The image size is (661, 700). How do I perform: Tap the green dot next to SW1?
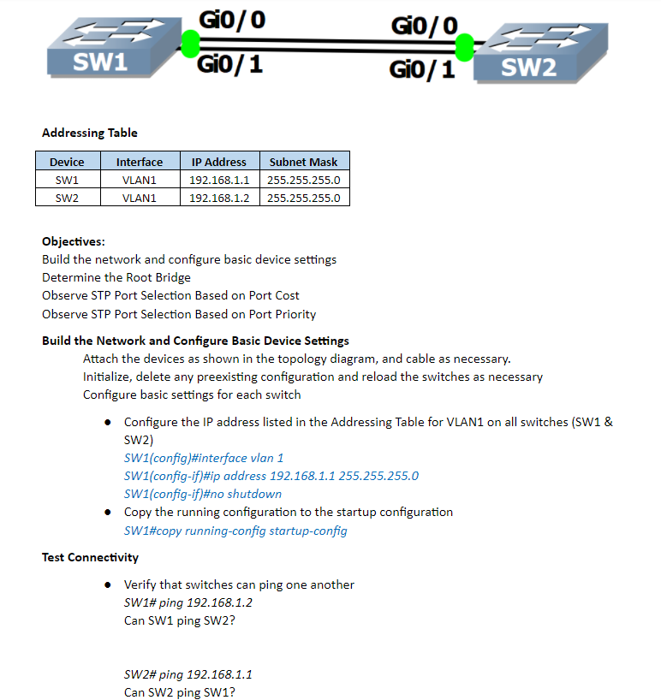(x=190, y=43)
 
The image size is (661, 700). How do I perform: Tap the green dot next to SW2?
(x=465, y=47)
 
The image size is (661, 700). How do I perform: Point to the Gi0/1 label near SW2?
(x=422, y=69)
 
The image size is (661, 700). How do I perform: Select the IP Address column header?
(x=218, y=162)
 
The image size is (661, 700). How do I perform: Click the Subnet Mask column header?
(x=303, y=162)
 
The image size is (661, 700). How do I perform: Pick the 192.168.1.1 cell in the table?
(x=218, y=180)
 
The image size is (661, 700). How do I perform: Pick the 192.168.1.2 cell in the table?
(x=218, y=198)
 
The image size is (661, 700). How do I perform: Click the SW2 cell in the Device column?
(x=67, y=198)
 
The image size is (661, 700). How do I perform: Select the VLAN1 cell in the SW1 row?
(x=139, y=180)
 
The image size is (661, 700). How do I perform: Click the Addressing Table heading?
(x=90, y=133)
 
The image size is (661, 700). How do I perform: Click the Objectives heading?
(x=74, y=241)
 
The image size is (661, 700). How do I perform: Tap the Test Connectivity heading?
(x=90, y=557)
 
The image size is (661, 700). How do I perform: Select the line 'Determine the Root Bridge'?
(x=116, y=277)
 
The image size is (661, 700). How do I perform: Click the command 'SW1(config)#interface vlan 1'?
(x=204, y=458)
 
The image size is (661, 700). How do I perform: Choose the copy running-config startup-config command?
(x=235, y=531)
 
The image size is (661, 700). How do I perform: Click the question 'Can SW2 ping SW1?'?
(x=179, y=692)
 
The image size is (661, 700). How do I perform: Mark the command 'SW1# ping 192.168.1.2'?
(x=188, y=602)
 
